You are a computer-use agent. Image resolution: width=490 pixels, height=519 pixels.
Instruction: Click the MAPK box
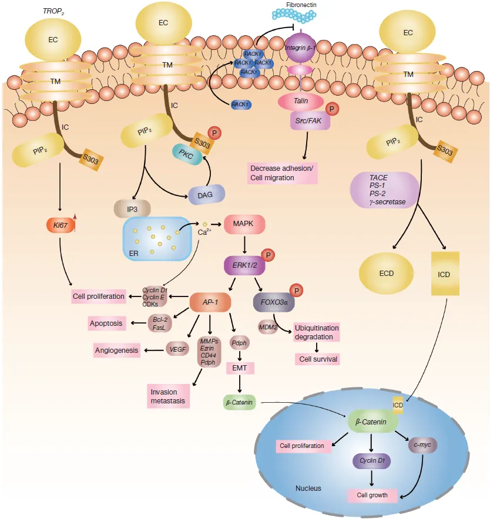point(244,224)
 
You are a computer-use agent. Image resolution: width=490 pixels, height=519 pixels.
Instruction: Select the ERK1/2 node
point(244,265)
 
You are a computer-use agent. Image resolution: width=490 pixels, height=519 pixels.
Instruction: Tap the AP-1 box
point(210,302)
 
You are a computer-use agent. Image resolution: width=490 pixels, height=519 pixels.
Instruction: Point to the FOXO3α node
point(274,302)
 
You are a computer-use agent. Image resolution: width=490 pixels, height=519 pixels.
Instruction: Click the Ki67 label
point(61,225)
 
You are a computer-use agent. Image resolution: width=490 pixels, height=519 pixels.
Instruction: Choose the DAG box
point(206,195)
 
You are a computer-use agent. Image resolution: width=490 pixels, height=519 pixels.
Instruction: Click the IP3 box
point(132,209)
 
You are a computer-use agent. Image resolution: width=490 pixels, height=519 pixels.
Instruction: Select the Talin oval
point(300,102)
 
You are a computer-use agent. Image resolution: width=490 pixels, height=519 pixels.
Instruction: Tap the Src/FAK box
point(308,121)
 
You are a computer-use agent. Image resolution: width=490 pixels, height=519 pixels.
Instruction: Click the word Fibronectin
point(301,5)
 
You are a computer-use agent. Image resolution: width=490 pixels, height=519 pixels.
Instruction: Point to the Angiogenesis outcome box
point(116,350)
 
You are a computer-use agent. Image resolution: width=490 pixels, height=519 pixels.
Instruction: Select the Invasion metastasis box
point(168,396)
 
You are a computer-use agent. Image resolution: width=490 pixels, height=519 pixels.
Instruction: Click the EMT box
point(240,368)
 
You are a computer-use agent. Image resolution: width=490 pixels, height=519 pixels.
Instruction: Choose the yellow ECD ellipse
point(387,274)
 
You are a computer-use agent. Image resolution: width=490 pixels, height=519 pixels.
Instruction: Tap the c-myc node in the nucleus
point(422,445)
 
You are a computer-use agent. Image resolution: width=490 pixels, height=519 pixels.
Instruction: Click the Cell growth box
point(372,495)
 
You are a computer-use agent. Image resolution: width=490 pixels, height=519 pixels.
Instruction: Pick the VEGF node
point(177,349)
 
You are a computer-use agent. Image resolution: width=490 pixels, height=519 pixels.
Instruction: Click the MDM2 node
point(268,327)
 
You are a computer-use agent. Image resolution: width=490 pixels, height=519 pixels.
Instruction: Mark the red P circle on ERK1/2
point(268,255)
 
